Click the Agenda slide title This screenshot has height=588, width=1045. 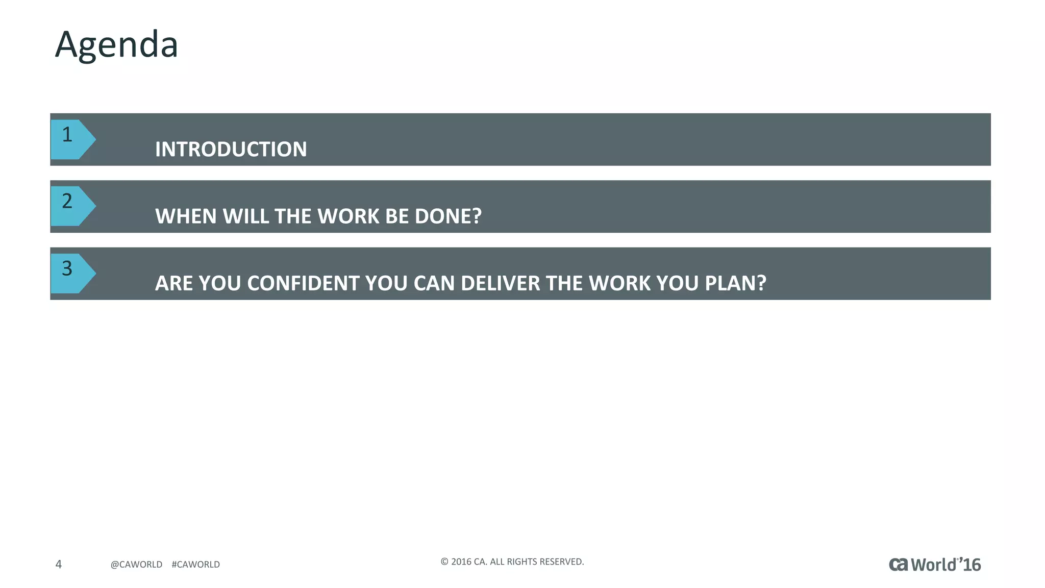point(116,45)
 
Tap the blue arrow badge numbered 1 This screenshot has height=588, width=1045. point(71,139)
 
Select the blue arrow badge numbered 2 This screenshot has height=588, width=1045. point(71,206)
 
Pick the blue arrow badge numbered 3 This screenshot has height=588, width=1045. point(71,273)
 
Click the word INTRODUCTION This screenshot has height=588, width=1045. point(231,150)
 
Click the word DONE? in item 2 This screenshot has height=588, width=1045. point(448,216)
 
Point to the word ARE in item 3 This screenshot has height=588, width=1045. point(174,283)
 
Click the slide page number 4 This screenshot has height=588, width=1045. point(59,564)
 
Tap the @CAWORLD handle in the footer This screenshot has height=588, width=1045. point(136,565)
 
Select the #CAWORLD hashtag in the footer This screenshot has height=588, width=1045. point(195,565)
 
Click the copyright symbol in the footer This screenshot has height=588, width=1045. point(444,562)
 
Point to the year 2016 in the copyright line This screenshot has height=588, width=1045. point(461,562)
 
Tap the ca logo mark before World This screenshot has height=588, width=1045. point(899,565)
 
